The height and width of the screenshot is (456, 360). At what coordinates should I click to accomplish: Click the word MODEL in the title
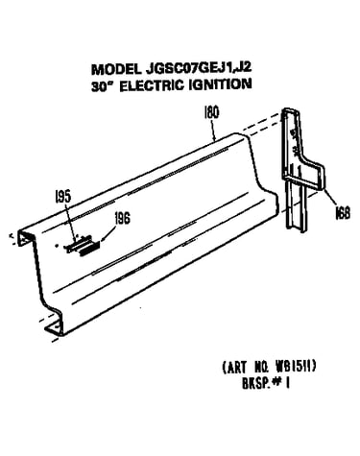115,69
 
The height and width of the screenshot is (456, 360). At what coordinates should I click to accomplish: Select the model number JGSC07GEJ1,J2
198,68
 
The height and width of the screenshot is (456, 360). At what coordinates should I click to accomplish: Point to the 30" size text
102,86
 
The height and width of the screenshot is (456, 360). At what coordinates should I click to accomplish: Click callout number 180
211,112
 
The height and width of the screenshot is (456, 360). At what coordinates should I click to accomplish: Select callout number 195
62,197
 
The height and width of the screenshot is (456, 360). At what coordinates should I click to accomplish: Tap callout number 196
122,219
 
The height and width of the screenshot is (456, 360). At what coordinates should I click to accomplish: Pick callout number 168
342,213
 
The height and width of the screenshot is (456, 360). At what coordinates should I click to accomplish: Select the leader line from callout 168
329,198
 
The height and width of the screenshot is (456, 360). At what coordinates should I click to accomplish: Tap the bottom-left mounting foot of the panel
53,328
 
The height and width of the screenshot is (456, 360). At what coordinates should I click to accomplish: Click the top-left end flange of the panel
26,237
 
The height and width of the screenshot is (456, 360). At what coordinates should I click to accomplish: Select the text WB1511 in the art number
293,366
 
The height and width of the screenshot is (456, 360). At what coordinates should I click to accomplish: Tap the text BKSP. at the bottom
255,383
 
